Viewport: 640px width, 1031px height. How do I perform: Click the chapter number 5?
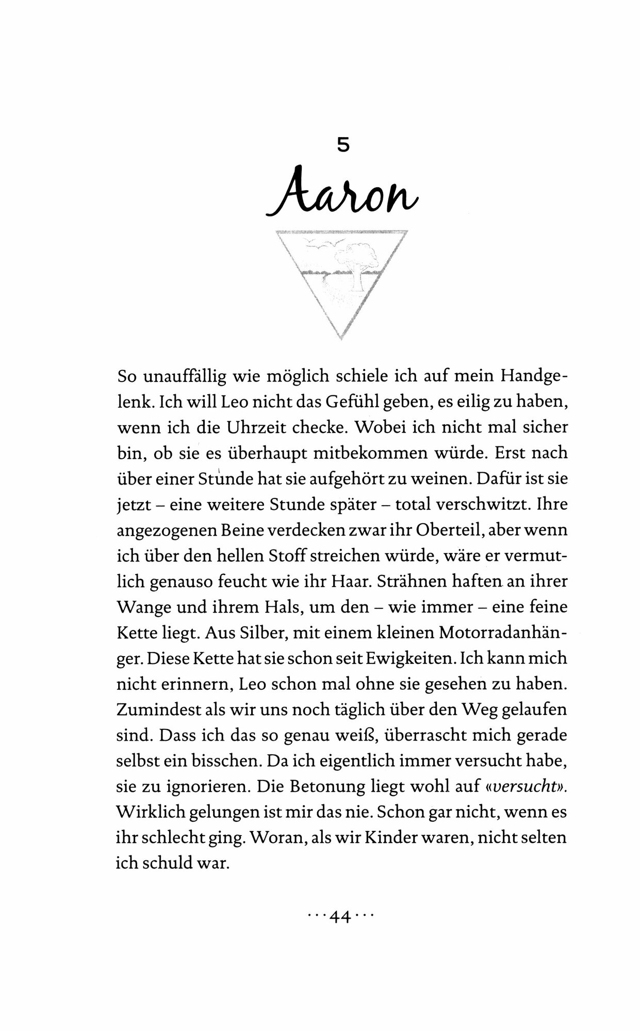coord(343,145)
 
